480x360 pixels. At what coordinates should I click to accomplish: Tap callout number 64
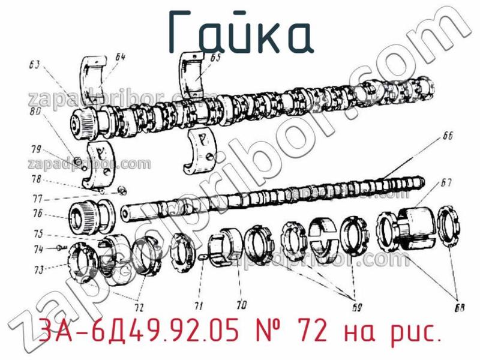point(120,58)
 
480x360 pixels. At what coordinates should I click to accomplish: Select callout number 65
point(215,58)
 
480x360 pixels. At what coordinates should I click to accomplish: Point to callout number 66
point(447,136)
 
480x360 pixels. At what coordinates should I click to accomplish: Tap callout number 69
point(356,308)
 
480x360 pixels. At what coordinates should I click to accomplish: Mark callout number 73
point(39,270)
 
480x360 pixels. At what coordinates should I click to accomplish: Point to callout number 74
point(39,248)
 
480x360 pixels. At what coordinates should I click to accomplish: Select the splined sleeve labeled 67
point(412,225)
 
